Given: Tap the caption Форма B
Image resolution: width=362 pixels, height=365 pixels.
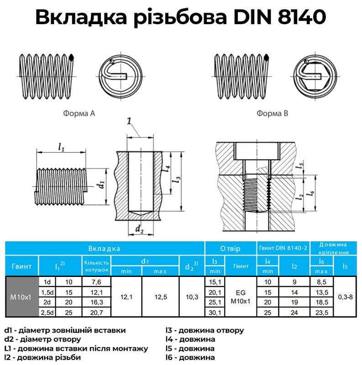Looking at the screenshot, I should coord(272,113).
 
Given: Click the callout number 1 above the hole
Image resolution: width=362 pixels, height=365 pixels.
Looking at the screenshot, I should coord(129,121).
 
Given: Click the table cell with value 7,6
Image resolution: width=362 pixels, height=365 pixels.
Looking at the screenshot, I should coord(96,282).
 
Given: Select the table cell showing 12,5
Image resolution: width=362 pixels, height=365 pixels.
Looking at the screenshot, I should coord(160,297).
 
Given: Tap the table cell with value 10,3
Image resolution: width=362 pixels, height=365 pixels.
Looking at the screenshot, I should coord(192,297).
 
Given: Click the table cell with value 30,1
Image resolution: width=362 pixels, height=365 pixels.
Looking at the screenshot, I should coord(215,313).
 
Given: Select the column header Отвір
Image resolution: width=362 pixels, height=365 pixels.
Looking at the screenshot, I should coord(230,249).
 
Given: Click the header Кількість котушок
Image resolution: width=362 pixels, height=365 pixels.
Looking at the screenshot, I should coord(96,266).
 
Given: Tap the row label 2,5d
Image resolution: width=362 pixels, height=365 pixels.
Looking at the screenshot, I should coord(46,313).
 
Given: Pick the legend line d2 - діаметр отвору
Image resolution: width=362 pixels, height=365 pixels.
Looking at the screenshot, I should coord(42,339).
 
